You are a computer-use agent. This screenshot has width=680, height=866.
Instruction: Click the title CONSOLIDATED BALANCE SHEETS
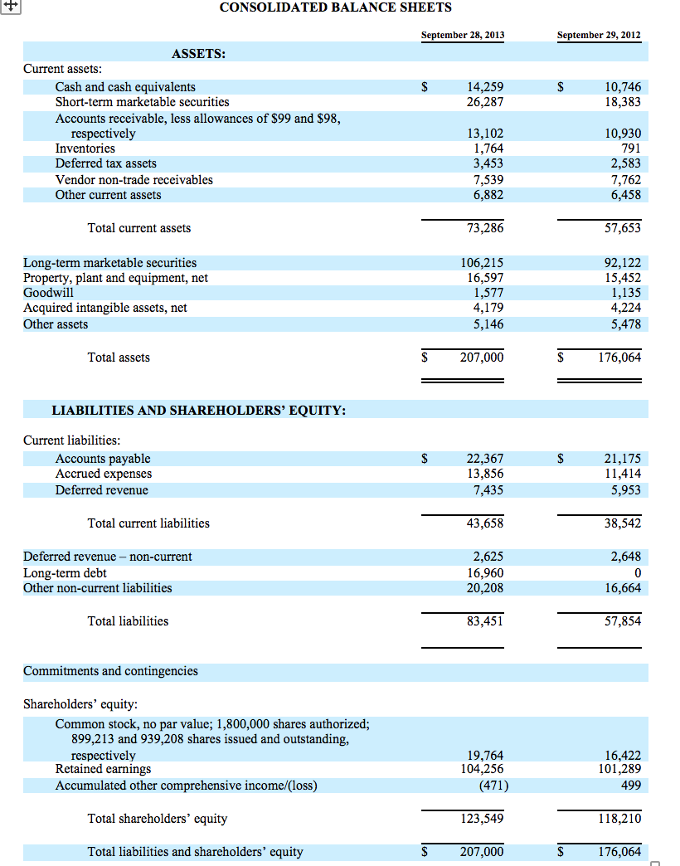tap(336, 7)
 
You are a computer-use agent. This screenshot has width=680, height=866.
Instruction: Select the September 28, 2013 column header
tap(462, 35)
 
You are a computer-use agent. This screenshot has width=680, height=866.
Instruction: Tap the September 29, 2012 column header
tap(599, 35)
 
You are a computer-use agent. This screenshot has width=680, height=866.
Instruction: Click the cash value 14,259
tap(485, 87)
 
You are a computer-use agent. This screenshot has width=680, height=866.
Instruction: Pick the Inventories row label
tap(85, 148)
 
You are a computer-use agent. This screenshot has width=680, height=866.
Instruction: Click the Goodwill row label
tap(48, 293)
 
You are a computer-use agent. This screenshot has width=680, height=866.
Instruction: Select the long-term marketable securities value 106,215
tap(482, 263)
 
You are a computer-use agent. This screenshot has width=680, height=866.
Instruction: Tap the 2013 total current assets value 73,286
tap(485, 228)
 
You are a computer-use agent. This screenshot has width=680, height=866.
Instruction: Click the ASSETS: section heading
tap(199, 54)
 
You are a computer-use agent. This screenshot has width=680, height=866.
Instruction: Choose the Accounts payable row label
tap(103, 459)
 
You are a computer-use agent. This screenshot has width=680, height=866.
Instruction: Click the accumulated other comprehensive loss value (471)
tap(488, 786)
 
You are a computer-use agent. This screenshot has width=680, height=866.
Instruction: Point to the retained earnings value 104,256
tap(482, 770)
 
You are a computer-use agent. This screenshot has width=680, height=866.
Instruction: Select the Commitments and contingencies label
tap(110, 671)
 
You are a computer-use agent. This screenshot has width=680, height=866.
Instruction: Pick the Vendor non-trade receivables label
tap(134, 180)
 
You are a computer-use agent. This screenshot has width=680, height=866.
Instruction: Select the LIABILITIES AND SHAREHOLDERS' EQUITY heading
tap(199, 411)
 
